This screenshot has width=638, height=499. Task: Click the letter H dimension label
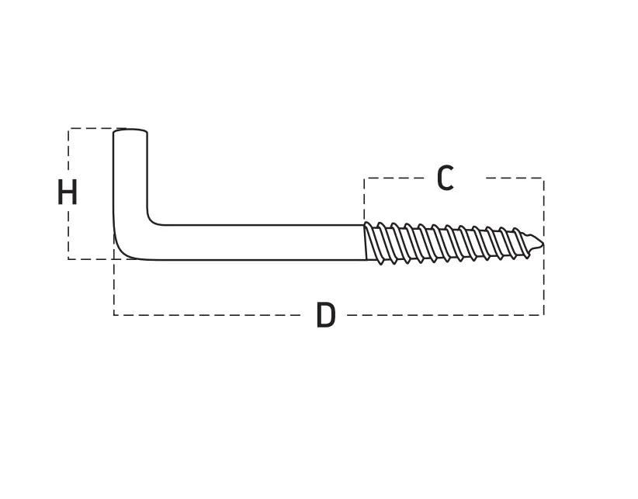[x=67, y=192]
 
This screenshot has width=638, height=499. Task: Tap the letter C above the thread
[x=446, y=178]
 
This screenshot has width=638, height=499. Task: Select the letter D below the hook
[x=326, y=315]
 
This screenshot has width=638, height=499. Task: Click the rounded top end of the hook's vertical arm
[x=130, y=131]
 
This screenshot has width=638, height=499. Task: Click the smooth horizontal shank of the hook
[x=256, y=242]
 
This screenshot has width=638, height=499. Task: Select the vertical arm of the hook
[x=130, y=175]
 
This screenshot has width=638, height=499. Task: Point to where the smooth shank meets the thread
[x=365, y=242]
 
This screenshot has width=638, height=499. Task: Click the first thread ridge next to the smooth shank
[x=373, y=243]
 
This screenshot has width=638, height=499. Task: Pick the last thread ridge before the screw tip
[x=523, y=243]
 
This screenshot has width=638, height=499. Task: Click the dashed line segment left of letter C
[x=397, y=178]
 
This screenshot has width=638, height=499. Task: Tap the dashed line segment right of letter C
[x=515, y=178]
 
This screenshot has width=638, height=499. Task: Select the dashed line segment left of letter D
[x=207, y=315]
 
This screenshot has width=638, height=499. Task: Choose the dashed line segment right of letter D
[x=446, y=315]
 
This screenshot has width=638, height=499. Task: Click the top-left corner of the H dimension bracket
[x=68, y=129]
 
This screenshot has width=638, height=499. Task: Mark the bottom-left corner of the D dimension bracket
[x=114, y=315]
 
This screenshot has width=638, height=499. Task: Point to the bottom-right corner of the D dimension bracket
[x=544, y=315]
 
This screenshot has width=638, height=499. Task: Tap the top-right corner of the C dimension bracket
[x=544, y=178]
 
